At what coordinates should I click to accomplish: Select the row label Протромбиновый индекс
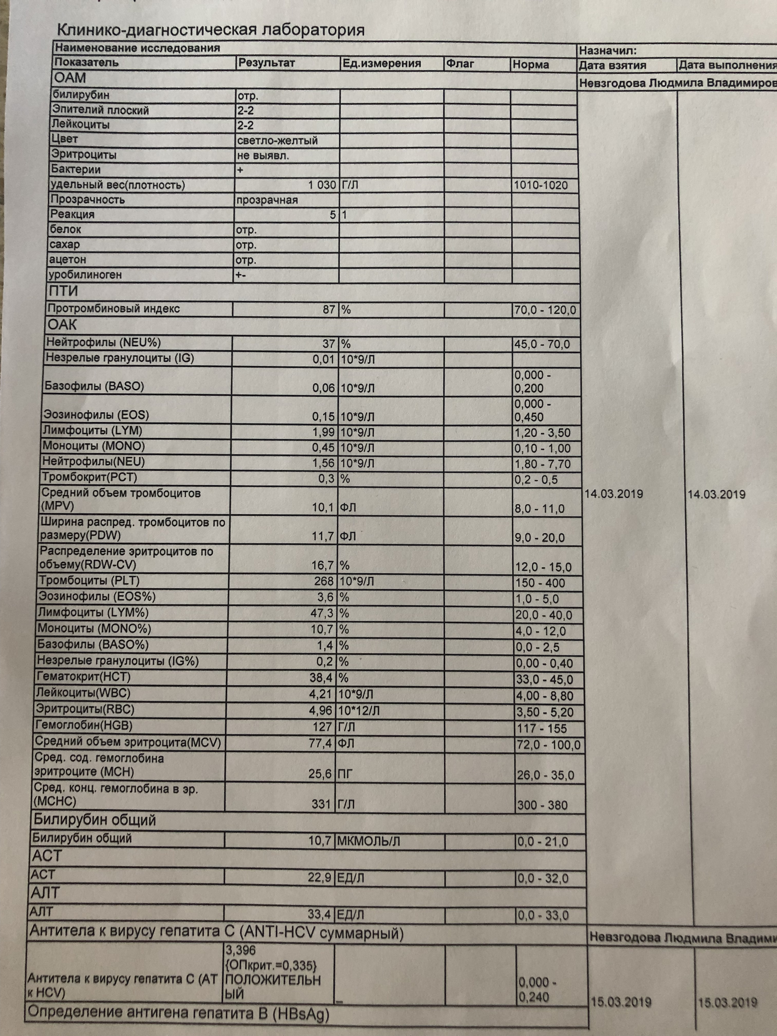point(113,309)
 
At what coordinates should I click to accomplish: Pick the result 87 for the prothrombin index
point(329,310)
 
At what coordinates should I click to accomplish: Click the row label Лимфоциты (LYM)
point(92,430)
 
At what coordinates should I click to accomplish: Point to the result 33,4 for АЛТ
point(319,914)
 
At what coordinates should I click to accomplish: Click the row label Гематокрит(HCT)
point(83,677)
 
